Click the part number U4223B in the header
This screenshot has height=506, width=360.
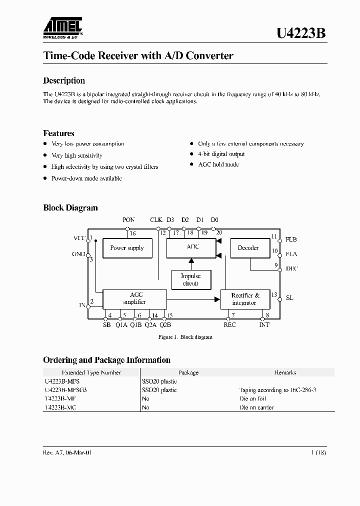pos(301,34)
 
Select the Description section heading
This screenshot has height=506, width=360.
pos(64,80)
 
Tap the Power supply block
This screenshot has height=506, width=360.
pos(127,248)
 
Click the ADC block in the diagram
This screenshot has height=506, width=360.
pos(192,247)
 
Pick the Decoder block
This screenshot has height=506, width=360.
pos(248,248)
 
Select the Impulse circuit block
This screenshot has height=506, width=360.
pos(190,279)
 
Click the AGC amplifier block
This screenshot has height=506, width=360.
pos(134,298)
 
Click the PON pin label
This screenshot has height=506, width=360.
pos(128,220)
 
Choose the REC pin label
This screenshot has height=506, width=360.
pos(229,325)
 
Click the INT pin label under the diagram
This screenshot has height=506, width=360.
pos(264,325)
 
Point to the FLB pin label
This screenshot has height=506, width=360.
pos(291,239)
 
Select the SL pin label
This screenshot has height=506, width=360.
pos(289,298)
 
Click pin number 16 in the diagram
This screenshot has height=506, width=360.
pos(132,233)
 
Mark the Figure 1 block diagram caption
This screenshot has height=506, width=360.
pos(185,337)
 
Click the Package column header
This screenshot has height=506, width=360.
pos(188,372)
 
